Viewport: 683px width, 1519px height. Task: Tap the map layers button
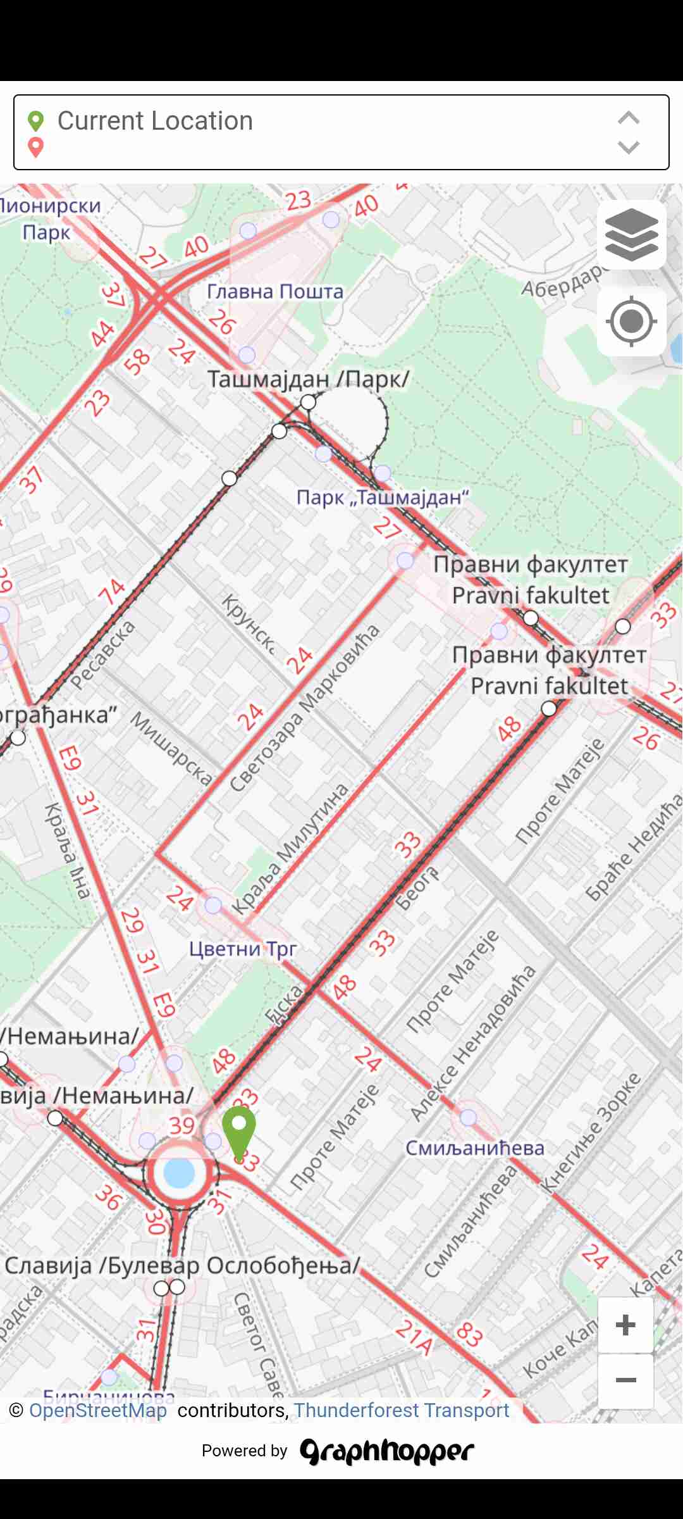pos(631,235)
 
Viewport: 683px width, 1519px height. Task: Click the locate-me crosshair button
pos(631,322)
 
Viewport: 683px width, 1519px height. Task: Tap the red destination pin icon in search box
pos(36,147)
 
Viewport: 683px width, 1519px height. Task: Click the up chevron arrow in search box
pos(628,118)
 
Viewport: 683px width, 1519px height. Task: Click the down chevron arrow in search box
pos(628,148)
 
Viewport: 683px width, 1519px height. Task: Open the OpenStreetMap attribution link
pos(98,1410)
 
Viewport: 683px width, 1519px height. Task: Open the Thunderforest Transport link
pos(401,1410)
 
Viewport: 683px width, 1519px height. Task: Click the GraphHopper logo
pos(386,1451)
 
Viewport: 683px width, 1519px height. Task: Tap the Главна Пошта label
pos(275,292)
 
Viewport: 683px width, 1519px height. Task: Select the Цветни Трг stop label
pos(243,949)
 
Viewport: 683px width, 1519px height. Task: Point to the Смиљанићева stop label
pos(474,1147)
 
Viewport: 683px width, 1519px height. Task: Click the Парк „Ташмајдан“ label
pos(383,497)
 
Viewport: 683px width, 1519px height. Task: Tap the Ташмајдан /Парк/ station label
pos(308,379)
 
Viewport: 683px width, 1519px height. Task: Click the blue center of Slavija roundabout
pos(179,1172)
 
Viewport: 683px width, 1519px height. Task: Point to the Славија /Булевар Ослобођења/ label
pos(182,1265)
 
